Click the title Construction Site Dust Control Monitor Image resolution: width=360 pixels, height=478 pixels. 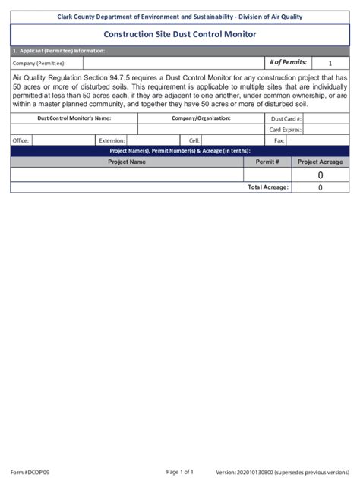pyautogui.click(x=179, y=35)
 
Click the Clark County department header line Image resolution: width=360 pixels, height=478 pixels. pyautogui.click(x=179, y=16)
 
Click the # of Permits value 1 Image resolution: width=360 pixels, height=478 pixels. pyautogui.click(x=330, y=64)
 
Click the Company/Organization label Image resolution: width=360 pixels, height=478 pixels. pyautogui.click(x=201, y=118)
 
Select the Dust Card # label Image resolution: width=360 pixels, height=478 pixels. pyautogui.click(x=286, y=119)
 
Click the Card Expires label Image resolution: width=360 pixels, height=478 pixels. pyautogui.click(x=286, y=130)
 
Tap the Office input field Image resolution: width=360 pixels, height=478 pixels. pyautogui.click(x=62, y=140)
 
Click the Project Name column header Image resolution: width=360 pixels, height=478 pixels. pyautogui.click(x=127, y=162)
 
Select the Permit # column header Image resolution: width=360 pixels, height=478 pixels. pyautogui.click(x=267, y=162)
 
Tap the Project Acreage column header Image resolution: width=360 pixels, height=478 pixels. pyautogui.click(x=320, y=162)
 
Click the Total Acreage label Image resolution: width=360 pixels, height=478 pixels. pyautogui.click(x=268, y=187)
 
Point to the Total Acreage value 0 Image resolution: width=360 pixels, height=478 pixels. pyautogui.click(x=320, y=187)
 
